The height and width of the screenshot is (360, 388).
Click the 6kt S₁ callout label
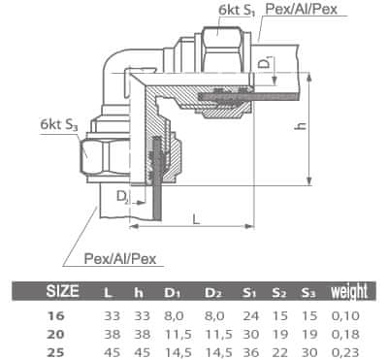(x=237, y=10)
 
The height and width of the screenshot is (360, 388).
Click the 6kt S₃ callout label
(x=59, y=124)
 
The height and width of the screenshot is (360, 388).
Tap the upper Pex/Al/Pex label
(x=302, y=9)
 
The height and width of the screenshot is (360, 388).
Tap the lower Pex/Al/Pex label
(x=120, y=259)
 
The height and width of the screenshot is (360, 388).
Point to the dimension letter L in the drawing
(x=196, y=219)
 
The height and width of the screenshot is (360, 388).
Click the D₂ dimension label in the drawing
(x=122, y=197)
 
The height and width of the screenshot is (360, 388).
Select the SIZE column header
(x=63, y=291)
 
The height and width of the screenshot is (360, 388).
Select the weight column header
(x=349, y=292)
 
